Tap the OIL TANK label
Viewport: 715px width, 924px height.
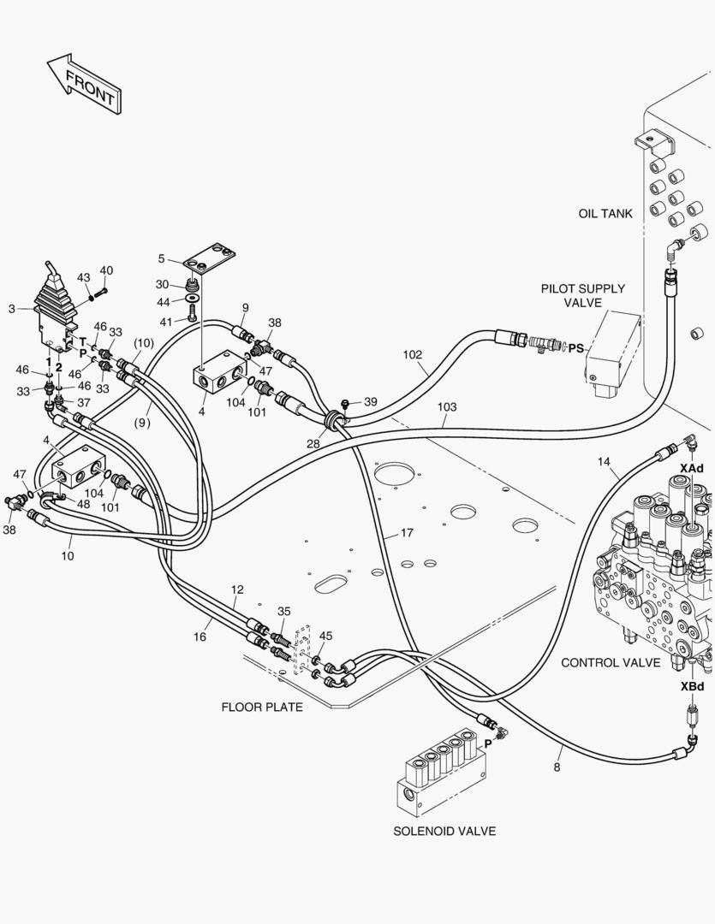click(605, 213)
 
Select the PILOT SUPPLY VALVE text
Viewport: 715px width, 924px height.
click(582, 295)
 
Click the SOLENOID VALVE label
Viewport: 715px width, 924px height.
click(444, 831)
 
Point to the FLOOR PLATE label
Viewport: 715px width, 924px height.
click(262, 708)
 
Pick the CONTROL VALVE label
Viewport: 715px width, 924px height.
click(611, 662)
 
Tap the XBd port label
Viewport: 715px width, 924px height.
click(692, 686)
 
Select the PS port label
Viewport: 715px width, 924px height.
click(576, 348)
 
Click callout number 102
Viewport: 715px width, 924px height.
click(413, 353)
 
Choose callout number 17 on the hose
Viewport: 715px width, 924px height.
click(406, 532)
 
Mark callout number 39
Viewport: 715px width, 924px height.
click(369, 401)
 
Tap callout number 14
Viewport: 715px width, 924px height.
click(605, 461)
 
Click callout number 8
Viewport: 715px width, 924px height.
click(557, 767)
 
